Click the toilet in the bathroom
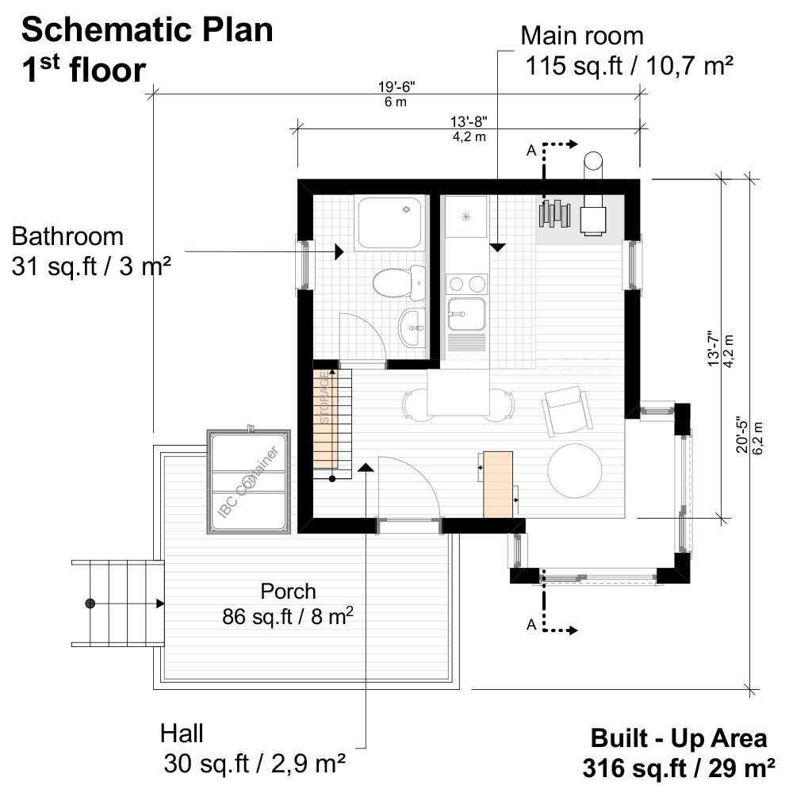[392, 282]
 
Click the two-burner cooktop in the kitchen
[465, 284]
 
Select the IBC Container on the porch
[249, 482]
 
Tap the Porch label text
[288, 592]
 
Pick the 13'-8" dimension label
[469, 122]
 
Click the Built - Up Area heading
[679, 738]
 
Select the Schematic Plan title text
[147, 30]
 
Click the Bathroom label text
[68, 236]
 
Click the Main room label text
[581, 36]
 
